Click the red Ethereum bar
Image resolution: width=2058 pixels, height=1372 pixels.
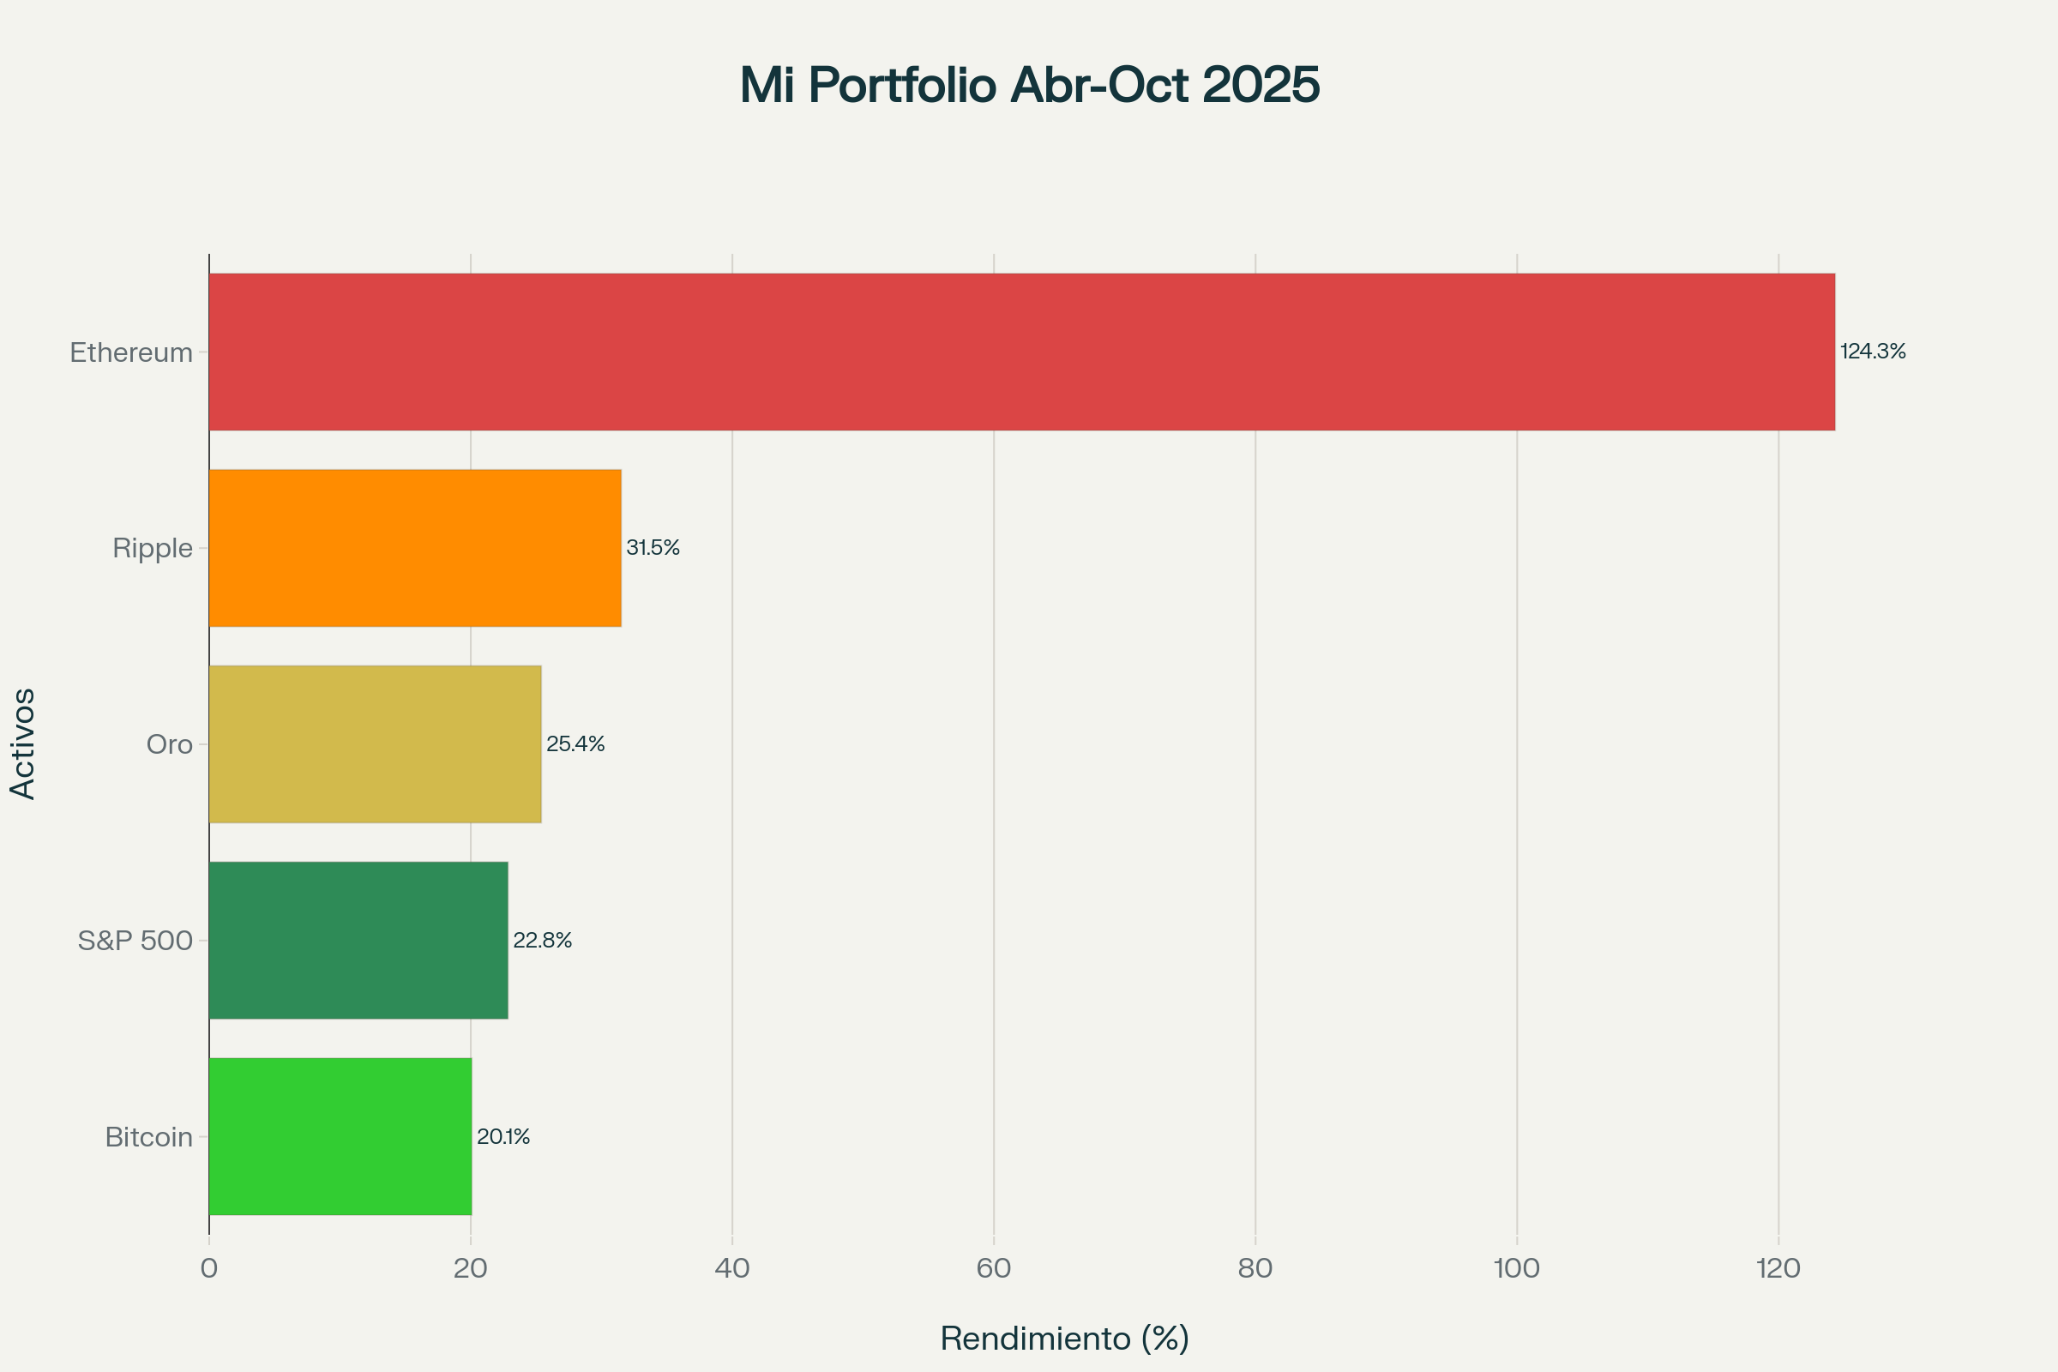[x=1021, y=352]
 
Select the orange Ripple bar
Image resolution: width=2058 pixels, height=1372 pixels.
[x=415, y=548]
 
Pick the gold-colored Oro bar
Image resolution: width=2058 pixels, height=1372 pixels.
[x=375, y=743]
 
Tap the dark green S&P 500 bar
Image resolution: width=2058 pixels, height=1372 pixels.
[x=358, y=940]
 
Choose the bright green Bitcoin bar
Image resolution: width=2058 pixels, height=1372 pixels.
[x=340, y=1135]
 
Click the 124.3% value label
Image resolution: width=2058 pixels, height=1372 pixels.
[x=1873, y=352]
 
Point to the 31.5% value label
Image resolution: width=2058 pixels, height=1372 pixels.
[x=653, y=548]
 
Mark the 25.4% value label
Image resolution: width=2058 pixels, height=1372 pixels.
[x=575, y=743]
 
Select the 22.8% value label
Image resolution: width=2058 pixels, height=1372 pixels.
[x=543, y=941]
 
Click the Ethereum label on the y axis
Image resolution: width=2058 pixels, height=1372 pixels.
[x=131, y=352]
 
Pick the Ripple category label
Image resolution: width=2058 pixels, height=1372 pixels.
[x=153, y=549]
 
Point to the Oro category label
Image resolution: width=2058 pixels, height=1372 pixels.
[x=169, y=744]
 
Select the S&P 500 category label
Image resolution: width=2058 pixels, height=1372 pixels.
[x=135, y=941]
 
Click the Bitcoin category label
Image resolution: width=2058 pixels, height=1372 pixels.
[x=148, y=1138]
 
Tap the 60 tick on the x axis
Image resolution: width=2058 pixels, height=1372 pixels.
[x=994, y=1269]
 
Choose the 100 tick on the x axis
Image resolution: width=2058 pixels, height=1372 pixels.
[x=1516, y=1269]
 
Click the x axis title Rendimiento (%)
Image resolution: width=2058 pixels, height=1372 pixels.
[x=1065, y=1339]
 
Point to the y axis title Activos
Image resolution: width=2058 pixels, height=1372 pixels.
[x=24, y=743]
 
